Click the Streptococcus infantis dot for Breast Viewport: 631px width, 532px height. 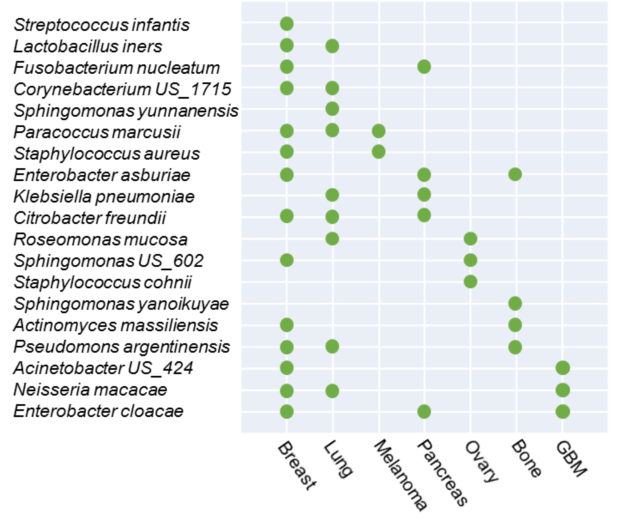[287, 24]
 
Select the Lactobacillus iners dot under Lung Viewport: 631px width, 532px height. [332, 46]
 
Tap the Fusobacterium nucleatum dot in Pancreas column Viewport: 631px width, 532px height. [424, 67]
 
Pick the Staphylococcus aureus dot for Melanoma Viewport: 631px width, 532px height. [378, 151]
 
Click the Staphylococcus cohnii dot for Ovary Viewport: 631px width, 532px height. [470, 282]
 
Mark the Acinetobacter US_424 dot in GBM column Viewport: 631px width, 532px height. [563, 368]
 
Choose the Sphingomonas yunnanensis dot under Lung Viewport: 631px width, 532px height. [332, 109]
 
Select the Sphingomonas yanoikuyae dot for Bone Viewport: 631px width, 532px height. [515, 303]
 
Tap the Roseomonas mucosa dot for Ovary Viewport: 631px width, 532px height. [470, 239]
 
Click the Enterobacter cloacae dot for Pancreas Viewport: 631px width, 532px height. [424, 411]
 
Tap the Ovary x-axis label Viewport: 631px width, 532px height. [482, 462]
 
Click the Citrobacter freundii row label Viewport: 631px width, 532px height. [90, 218]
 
